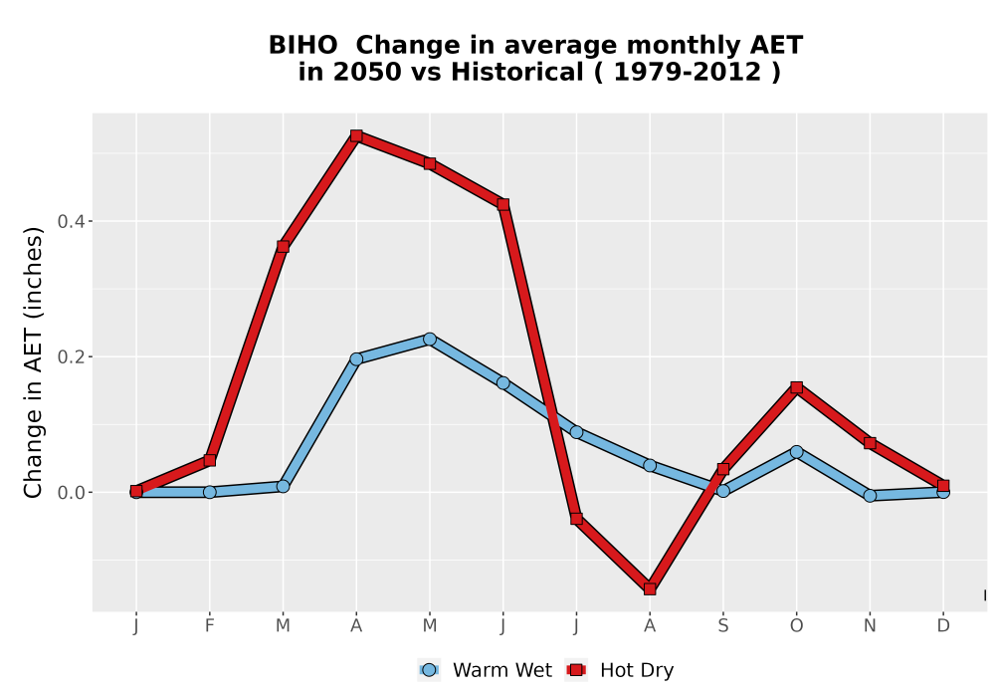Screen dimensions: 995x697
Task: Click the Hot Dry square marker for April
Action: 356,135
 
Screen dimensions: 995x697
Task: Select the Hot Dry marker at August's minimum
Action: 650,589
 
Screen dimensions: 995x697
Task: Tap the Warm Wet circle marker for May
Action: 430,339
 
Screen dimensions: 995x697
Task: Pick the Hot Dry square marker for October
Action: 796,387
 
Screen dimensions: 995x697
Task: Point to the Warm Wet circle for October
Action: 796,451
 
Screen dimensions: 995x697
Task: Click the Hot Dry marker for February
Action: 209,460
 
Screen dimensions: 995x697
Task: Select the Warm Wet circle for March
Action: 283,486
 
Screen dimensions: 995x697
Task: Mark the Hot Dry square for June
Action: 503,204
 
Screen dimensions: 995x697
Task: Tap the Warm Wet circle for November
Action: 870,495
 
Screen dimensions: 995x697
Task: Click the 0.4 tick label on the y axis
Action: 70,221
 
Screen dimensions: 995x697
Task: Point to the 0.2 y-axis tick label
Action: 70,356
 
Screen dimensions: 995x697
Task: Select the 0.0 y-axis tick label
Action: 70,493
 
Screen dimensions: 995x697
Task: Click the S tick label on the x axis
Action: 722,626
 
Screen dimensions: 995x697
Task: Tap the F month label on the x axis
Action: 209,626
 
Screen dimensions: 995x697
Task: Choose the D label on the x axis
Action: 943,626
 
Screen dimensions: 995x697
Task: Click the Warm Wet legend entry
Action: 486,670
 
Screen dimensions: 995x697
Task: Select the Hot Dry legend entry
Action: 619,670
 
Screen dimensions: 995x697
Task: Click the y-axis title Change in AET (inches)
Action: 33,362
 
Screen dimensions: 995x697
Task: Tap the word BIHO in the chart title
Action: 302,46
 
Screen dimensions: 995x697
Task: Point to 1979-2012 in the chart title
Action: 688,73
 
